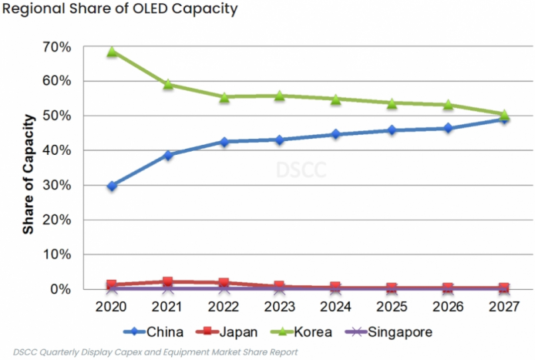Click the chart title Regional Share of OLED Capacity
(119, 10)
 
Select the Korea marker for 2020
(113, 52)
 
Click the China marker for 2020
(113, 186)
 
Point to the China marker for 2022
(224, 142)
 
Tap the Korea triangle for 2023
(280, 96)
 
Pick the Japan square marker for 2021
(168, 282)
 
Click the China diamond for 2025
(392, 130)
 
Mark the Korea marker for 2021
(168, 84)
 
